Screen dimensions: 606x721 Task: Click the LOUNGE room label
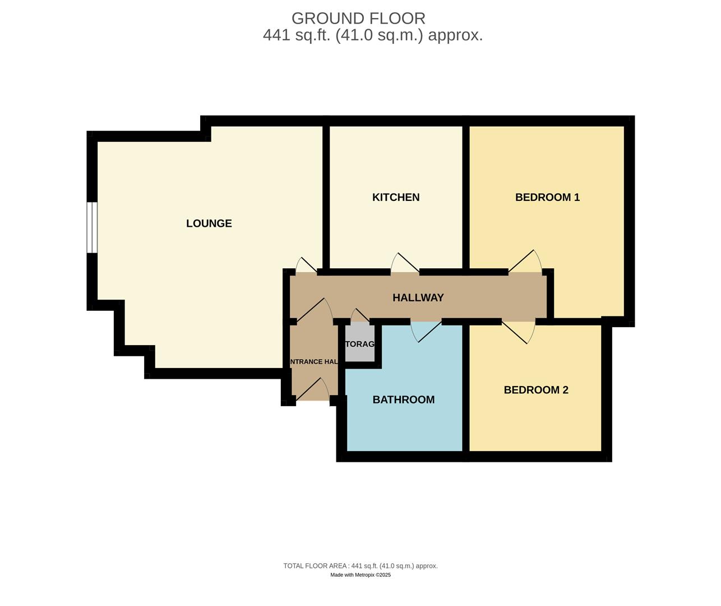tap(209, 223)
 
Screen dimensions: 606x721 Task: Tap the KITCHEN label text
tap(396, 198)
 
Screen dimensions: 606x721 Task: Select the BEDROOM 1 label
tap(547, 198)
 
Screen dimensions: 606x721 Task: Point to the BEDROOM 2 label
tap(536, 390)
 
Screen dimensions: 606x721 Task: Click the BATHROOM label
tap(404, 400)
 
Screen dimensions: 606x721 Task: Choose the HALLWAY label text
tap(418, 298)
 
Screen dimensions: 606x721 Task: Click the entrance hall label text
tap(314, 362)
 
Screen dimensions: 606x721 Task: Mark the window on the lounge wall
tap(92, 227)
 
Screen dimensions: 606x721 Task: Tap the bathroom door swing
tap(426, 331)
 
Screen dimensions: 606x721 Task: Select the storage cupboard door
tap(360, 316)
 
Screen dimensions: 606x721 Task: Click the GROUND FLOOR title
tap(358, 19)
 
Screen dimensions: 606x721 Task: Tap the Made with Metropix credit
tap(360, 575)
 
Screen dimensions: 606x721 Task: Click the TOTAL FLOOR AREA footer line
tap(360, 566)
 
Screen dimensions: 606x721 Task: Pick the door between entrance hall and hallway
tap(313, 311)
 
